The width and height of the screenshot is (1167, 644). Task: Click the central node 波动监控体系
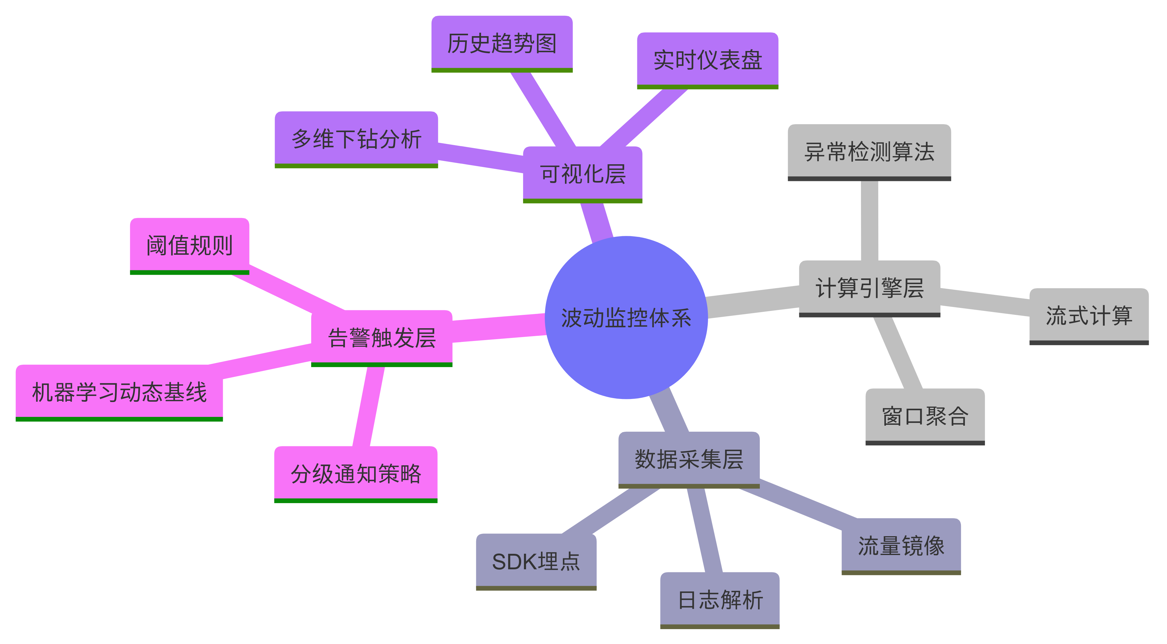pyautogui.click(x=626, y=317)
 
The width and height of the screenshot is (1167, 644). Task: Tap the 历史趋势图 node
pyautogui.click(x=502, y=43)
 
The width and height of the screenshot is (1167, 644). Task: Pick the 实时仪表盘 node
pyautogui.click(x=707, y=60)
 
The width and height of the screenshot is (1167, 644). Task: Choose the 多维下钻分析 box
pyautogui.click(x=356, y=139)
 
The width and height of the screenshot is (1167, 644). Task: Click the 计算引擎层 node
pyautogui.click(x=869, y=288)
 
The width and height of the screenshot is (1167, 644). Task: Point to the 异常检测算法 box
pyautogui.click(x=869, y=152)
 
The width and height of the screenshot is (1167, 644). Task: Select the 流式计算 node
pyautogui.click(x=1089, y=315)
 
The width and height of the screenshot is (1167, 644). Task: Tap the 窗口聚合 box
pyautogui.click(x=925, y=416)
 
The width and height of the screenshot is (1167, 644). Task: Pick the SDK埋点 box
pyautogui.click(x=536, y=561)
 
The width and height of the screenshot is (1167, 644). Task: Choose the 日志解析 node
pyautogui.click(x=720, y=600)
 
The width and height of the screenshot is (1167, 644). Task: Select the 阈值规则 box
pyautogui.click(x=189, y=245)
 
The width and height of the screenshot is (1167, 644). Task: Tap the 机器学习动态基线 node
pyautogui.click(x=119, y=392)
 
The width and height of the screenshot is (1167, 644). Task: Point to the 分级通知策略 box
pyautogui.click(x=356, y=474)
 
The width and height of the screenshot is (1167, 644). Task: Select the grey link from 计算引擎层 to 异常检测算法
pyautogui.click(x=869, y=221)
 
